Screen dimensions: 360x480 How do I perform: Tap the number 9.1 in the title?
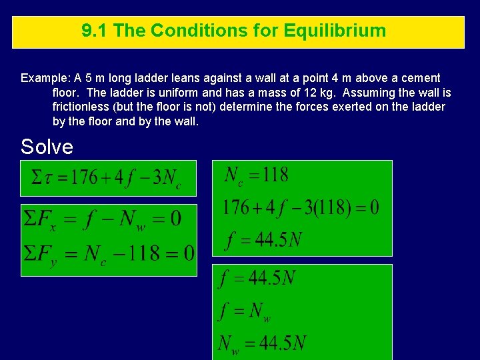tap(94, 31)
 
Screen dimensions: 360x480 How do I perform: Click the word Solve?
tap(47, 146)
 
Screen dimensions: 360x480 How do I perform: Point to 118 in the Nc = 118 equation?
tap(275, 175)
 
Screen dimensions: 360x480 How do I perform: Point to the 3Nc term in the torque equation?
tap(167, 179)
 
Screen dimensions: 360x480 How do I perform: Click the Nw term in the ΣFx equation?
tap(133, 220)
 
